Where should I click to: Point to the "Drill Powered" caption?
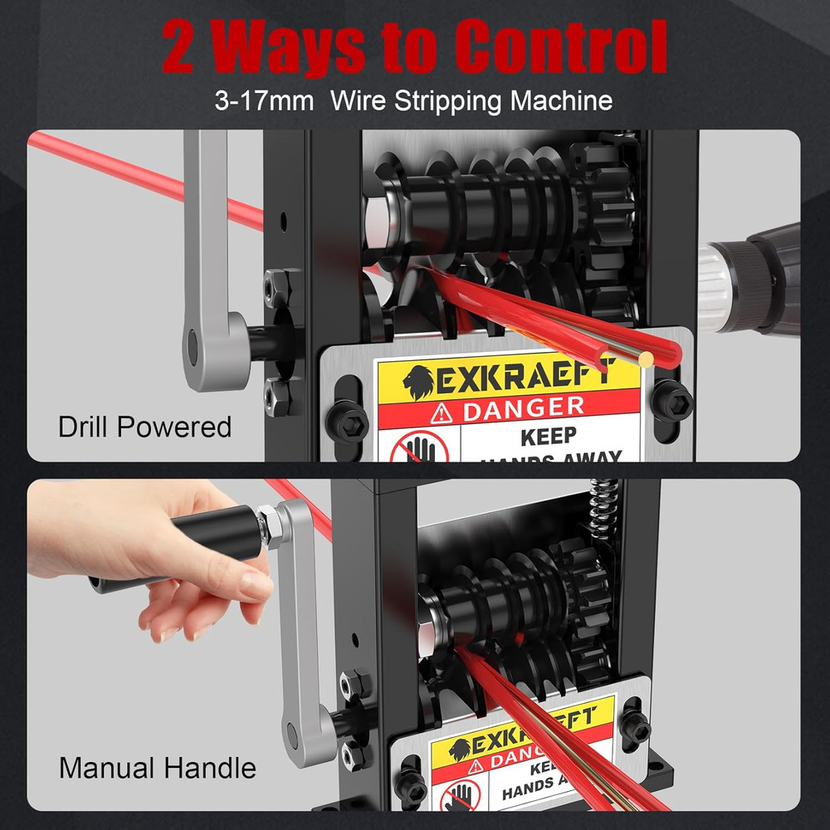pyautogui.click(x=144, y=427)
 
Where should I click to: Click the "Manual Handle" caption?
pyautogui.click(x=157, y=768)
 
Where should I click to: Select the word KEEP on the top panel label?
pyautogui.click(x=548, y=437)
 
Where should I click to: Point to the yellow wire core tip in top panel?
pyautogui.click(x=645, y=358)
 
